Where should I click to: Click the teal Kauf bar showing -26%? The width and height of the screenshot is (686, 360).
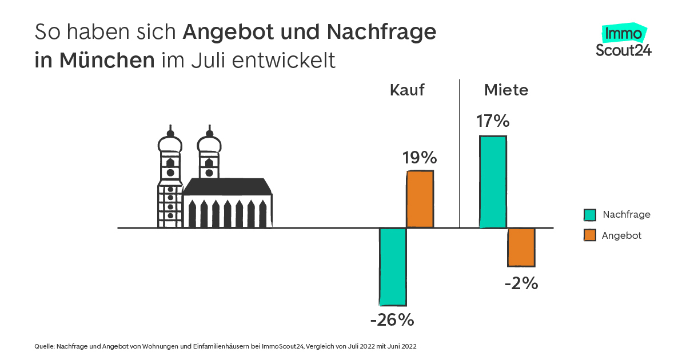click(x=393, y=266)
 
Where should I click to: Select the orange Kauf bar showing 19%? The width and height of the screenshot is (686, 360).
click(x=420, y=199)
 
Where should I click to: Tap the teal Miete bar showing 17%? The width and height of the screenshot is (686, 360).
click(x=493, y=182)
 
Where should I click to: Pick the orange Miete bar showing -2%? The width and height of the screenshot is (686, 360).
click(x=521, y=247)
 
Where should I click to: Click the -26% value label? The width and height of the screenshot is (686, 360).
click(x=392, y=320)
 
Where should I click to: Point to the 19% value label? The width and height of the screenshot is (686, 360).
click(x=420, y=158)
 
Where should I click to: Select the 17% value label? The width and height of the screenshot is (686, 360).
click(x=492, y=121)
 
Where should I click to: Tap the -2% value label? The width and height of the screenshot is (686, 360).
click(x=521, y=283)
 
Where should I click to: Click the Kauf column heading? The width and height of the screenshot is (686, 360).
click(x=407, y=90)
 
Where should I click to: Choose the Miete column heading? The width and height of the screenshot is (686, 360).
click(x=506, y=90)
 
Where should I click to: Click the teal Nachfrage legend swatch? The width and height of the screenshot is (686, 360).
click(x=590, y=215)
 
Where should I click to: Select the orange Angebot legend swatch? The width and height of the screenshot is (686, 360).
click(x=590, y=235)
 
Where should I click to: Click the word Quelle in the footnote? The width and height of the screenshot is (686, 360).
click(x=44, y=346)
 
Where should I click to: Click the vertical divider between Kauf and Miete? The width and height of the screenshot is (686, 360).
click(x=460, y=154)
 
